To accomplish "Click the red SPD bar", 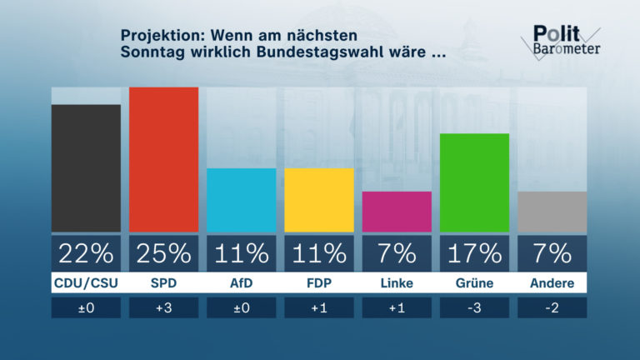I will point(163,159).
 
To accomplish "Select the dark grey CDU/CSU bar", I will point(86,167).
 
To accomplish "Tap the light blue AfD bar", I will point(241,200).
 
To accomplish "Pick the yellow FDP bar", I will point(319,200).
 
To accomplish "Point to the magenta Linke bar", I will point(397,212).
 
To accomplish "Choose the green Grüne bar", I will point(474,182).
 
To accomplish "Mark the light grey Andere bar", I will point(552,212).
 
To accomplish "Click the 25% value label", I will point(163,252).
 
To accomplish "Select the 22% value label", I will point(86,252).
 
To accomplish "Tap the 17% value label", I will point(474,252).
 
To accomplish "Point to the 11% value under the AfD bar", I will point(241,252).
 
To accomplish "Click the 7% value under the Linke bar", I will point(397,252).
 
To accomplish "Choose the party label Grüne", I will point(474,283).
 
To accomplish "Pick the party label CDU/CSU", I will point(86,283).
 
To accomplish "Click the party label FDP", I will point(319,283).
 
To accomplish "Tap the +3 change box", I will point(163,307).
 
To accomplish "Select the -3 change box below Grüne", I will point(474,307).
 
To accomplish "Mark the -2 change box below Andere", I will point(552,307).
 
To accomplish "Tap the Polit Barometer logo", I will point(565,40).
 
